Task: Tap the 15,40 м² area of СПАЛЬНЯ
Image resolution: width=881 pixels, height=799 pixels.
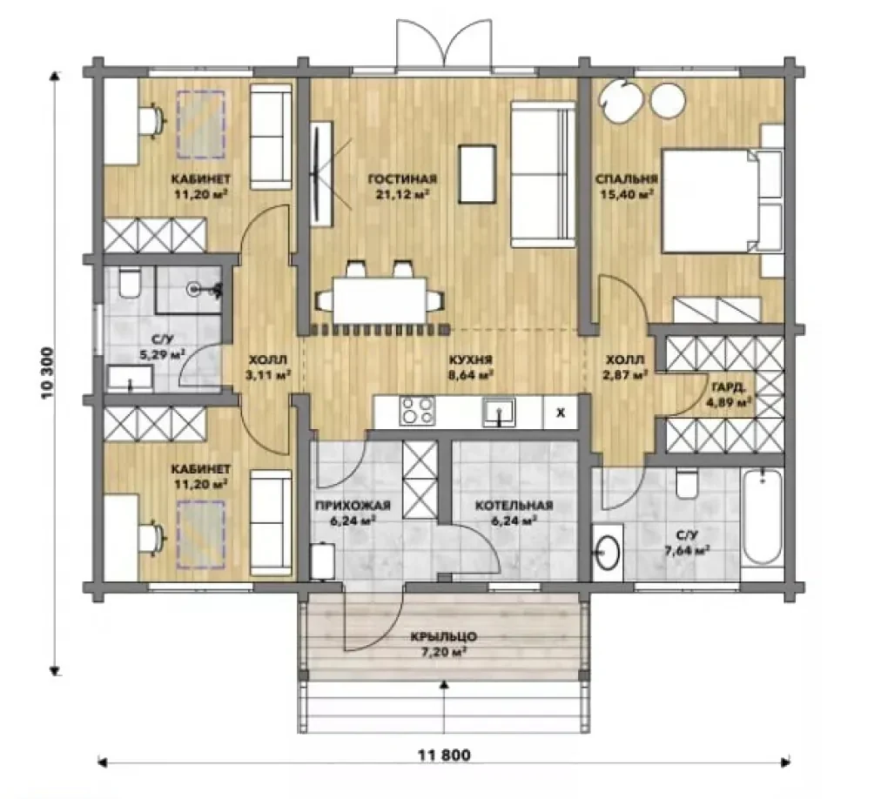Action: click(x=627, y=194)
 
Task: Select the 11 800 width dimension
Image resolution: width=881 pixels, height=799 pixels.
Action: click(x=444, y=755)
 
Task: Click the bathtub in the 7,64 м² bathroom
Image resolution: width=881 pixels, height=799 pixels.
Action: click(x=762, y=516)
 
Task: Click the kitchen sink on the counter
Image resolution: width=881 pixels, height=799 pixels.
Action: click(x=498, y=412)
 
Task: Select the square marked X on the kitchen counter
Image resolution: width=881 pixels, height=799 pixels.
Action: click(x=560, y=413)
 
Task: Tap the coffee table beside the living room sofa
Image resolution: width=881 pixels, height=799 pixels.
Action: click(x=477, y=173)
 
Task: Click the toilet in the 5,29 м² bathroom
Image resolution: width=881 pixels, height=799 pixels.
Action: click(x=129, y=284)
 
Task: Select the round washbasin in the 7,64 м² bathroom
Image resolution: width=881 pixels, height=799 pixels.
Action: click(x=608, y=551)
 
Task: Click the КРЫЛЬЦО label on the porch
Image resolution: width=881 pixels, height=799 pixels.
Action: click(x=443, y=636)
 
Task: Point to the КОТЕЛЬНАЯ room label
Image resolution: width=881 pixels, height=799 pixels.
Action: click(x=514, y=506)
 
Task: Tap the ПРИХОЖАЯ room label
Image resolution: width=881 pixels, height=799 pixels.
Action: click(x=353, y=506)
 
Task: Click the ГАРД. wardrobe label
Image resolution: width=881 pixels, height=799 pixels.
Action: click(x=729, y=387)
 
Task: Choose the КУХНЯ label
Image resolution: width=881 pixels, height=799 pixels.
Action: click(x=470, y=359)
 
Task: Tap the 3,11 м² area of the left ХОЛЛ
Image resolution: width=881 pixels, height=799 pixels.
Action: click(x=268, y=374)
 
